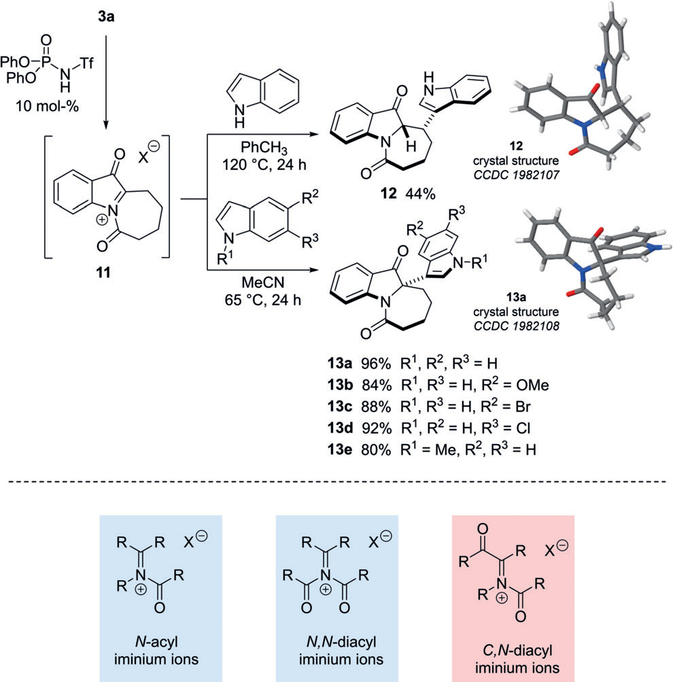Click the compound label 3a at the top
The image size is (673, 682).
coord(106,12)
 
